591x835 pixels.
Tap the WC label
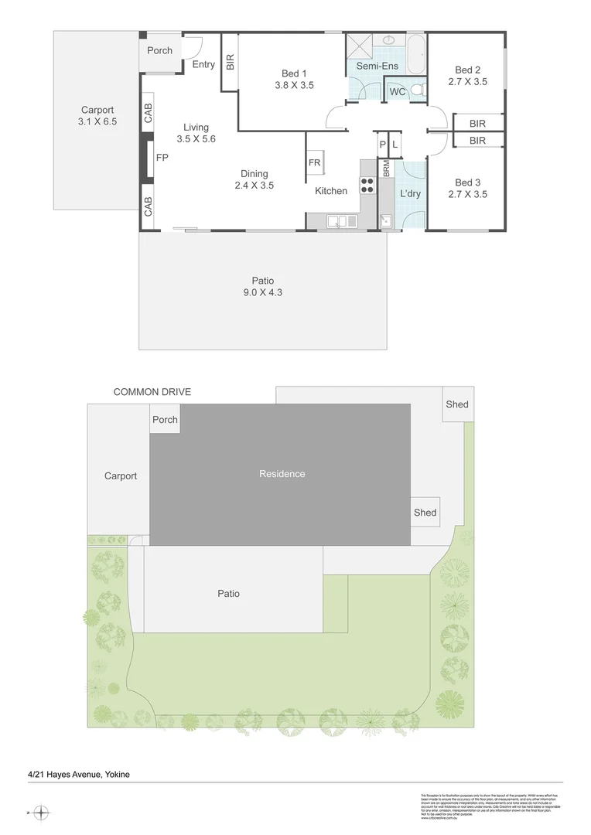398,92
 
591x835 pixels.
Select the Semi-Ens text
377,66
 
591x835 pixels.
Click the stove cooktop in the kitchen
367,185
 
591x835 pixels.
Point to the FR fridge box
315,163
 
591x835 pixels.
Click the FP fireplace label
162,158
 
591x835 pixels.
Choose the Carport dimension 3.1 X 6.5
97,121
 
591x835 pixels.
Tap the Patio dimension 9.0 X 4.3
263,292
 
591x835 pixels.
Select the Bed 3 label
467,183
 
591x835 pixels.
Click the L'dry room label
410,193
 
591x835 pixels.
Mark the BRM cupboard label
385,169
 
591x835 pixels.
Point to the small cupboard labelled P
382,145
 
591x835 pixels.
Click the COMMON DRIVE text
152,392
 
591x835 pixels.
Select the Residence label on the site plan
282,474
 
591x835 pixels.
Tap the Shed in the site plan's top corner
456,404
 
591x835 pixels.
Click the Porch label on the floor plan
160,50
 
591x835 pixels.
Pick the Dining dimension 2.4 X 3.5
255,186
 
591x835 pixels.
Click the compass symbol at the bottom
42,813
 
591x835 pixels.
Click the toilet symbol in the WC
417,91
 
